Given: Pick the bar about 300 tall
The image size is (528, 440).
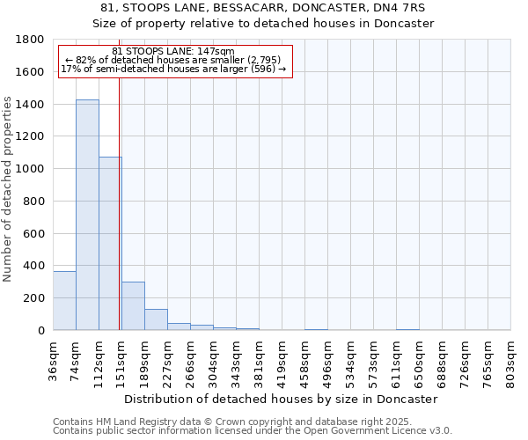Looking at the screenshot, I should click(133, 306).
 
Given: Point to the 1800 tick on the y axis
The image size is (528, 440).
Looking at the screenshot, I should click(33, 40).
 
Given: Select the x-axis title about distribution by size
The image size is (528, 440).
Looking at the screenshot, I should click(281, 399).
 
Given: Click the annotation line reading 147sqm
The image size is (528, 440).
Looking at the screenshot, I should click(173, 51).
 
